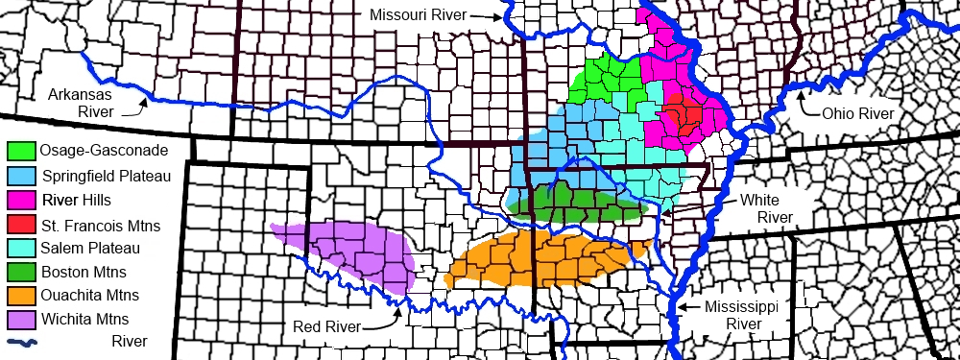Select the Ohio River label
pyautogui.click(x=857, y=113)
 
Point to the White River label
pyautogui.click(x=765, y=209)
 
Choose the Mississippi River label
pyautogui.click(x=740, y=315)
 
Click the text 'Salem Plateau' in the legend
pyautogui.click(x=87, y=249)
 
